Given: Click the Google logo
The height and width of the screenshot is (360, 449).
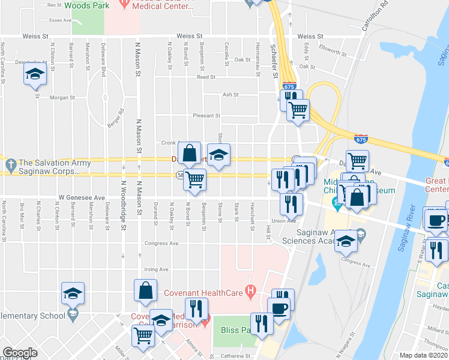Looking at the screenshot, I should point(20,353).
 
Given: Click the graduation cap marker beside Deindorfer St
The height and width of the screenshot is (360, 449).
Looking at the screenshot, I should point(35,75).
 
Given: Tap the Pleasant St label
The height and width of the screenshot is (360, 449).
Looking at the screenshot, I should point(206,116).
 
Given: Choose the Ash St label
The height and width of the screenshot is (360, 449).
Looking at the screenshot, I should point(231,95).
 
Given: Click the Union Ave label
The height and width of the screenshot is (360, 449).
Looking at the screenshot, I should point(285,220).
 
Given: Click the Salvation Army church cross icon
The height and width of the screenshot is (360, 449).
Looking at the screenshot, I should point(10,163).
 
